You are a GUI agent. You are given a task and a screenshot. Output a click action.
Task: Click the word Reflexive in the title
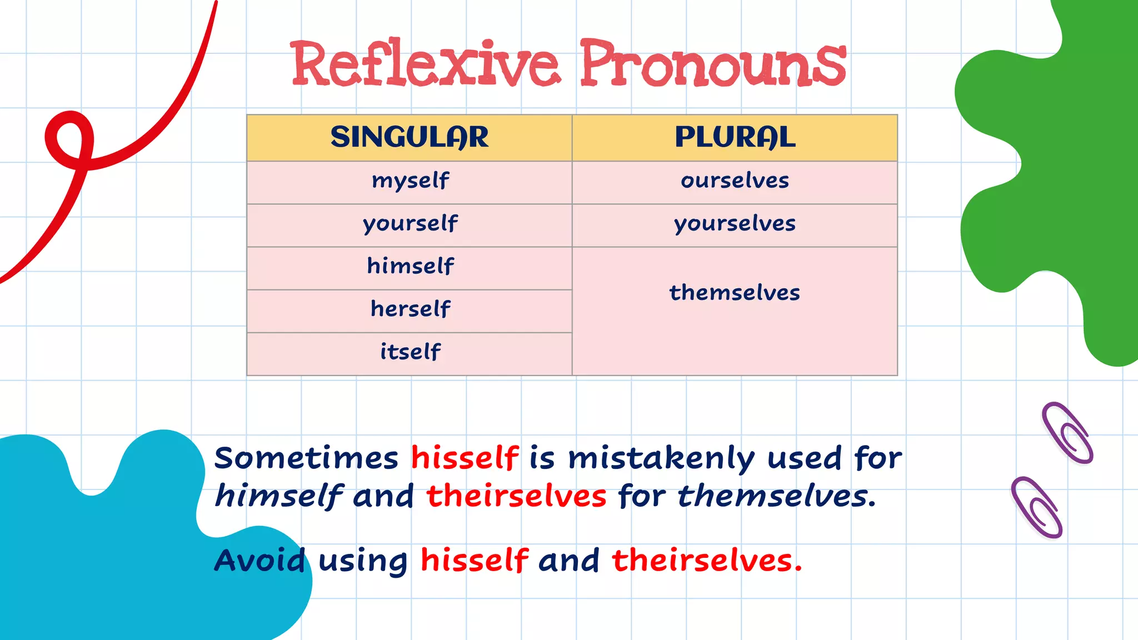(x=425, y=64)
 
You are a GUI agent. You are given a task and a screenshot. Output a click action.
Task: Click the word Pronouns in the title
(x=713, y=64)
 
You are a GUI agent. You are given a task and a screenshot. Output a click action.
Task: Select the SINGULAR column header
(x=410, y=138)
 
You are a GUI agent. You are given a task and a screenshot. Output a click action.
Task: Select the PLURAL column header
(x=735, y=138)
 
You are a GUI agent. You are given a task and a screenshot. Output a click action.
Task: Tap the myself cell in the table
(x=410, y=182)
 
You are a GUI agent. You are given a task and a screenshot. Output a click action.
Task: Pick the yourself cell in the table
(x=410, y=224)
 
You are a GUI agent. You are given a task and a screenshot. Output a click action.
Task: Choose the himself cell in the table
(x=410, y=267)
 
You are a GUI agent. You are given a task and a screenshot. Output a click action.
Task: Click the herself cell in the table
(x=410, y=310)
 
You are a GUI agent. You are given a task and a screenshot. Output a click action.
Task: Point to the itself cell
(x=410, y=353)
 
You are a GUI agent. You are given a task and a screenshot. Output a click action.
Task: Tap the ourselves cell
(x=735, y=182)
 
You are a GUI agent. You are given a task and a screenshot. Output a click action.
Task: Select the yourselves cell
(x=735, y=224)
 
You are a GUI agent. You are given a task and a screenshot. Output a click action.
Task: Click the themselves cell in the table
(x=735, y=293)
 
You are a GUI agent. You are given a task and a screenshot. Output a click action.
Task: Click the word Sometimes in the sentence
(x=306, y=459)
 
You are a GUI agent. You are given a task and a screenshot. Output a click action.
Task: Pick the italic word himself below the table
(x=279, y=496)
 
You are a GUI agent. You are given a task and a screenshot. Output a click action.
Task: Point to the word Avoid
(x=260, y=561)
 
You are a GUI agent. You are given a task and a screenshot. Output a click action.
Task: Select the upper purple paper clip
(x=1067, y=433)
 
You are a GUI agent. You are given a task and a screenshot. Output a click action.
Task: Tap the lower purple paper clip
(x=1037, y=507)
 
